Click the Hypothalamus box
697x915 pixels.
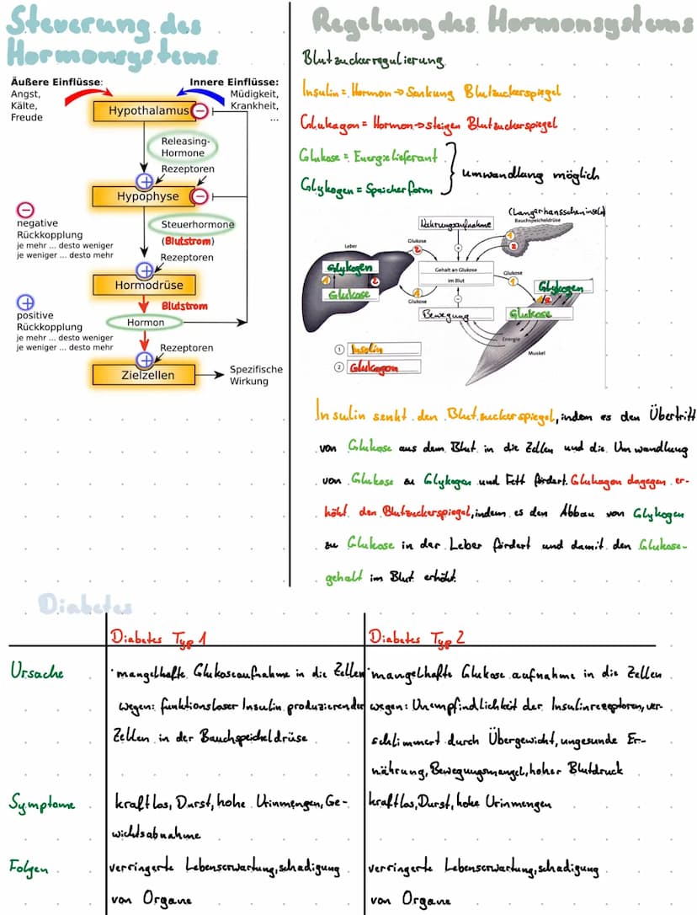(143, 111)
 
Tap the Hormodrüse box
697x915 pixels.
(148, 285)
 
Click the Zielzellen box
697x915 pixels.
(144, 374)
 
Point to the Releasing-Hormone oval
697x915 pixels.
(183, 147)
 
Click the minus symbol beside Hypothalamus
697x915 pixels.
(201, 111)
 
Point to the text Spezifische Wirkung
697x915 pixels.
(256, 375)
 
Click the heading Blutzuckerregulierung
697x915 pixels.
(373, 61)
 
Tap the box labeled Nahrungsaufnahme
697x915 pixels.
(456, 224)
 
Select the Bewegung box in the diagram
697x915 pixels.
(456, 314)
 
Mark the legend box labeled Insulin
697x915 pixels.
(383, 349)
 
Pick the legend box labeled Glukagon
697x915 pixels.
(384, 367)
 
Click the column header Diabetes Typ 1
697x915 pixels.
(159, 638)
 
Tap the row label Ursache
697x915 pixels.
(37, 672)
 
